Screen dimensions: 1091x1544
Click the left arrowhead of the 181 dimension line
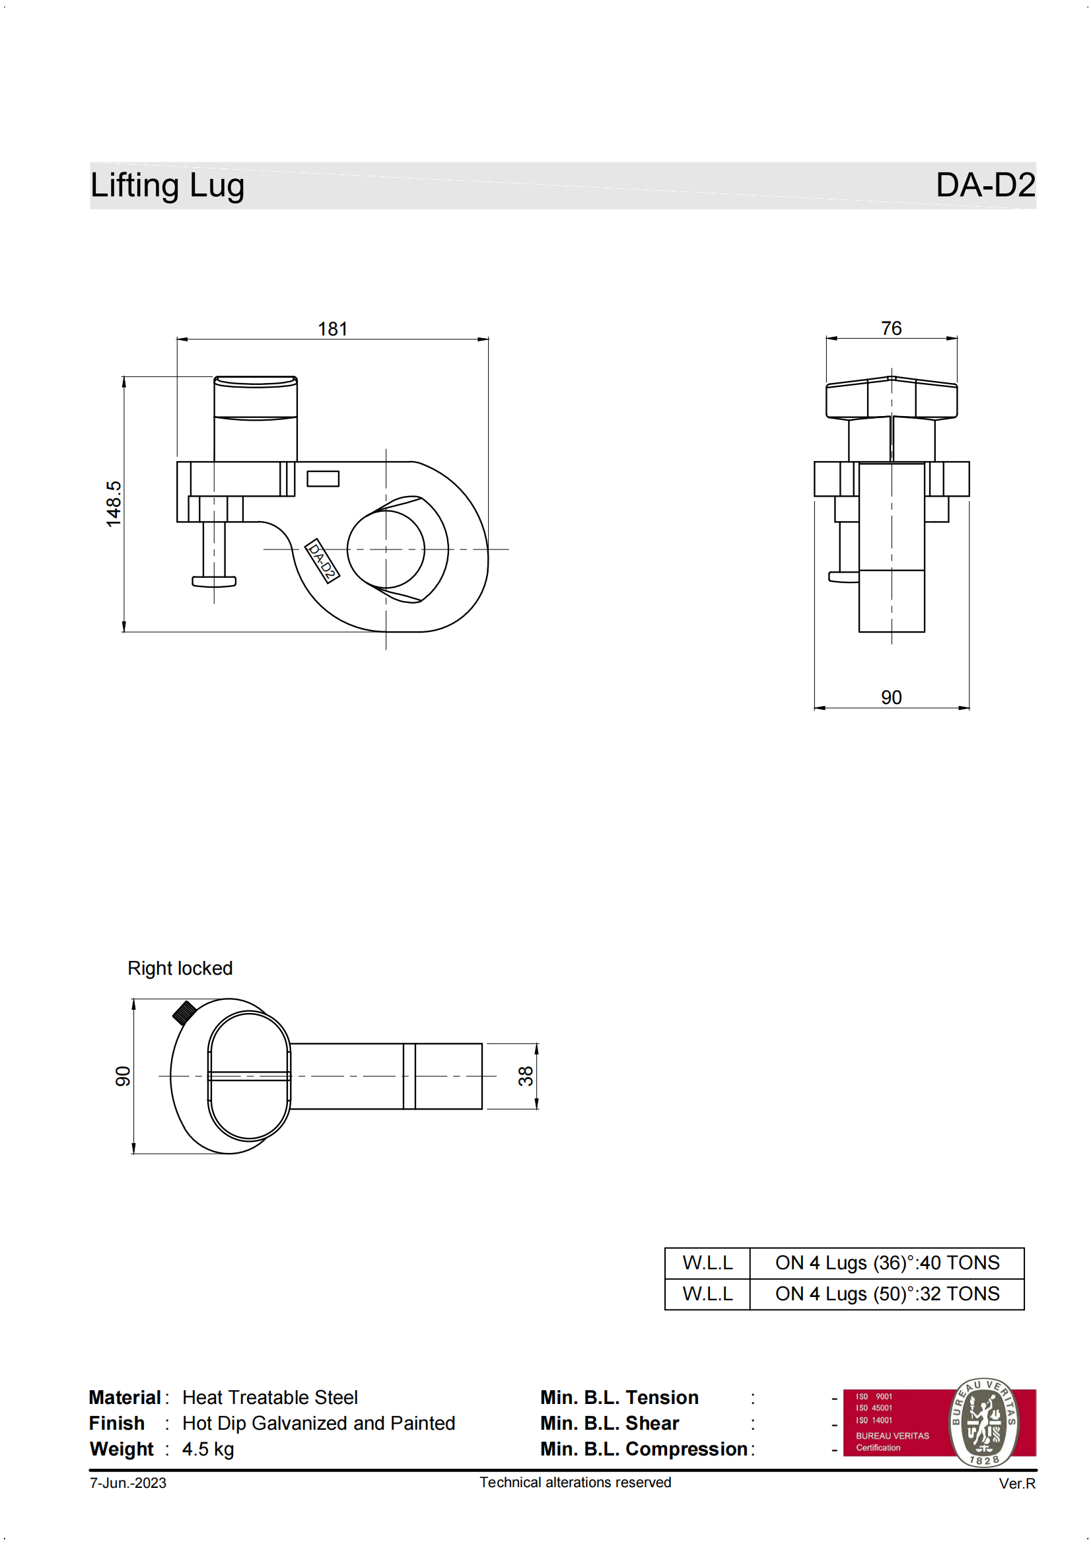point(182,339)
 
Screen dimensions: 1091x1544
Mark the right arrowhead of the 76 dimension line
point(952,338)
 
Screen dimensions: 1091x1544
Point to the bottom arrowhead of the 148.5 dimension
point(123,627)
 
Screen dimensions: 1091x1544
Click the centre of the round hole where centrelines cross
point(386,549)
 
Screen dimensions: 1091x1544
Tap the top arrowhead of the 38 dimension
point(537,1049)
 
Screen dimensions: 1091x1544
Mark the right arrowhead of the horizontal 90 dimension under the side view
point(964,707)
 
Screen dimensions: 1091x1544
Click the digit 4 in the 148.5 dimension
point(113,509)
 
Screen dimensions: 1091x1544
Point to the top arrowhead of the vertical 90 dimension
point(134,1004)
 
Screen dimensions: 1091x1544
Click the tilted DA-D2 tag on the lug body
point(322,561)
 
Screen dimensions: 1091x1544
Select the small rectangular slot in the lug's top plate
point(323,479)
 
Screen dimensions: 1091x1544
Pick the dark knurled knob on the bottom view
point(184,1012)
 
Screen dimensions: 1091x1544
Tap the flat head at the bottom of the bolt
point(214,582)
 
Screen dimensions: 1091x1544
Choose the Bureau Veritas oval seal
point(984,1422)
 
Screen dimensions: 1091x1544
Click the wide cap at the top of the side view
point(892,398)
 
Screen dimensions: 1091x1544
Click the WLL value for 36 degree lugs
point(887,1263)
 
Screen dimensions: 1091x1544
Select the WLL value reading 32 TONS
point(887,1294)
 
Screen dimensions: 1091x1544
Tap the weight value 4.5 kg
point(208,1448)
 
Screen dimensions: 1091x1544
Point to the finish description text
point(319,1423)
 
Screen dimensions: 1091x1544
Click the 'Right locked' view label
point(180,968)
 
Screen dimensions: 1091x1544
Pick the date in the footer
point(128,1483)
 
